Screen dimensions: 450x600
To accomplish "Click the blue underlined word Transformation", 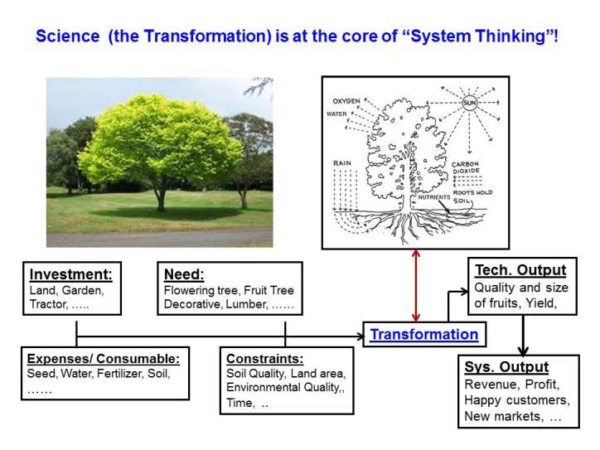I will [423, 335].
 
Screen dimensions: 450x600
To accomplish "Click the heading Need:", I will [180, 275].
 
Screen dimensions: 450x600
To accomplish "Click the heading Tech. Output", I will [520, 270].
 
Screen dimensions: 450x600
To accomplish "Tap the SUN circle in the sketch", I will [470, 104].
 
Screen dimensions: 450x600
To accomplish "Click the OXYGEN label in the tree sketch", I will [346, 100].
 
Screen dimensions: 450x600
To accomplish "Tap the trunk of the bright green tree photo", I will [160, 198].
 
